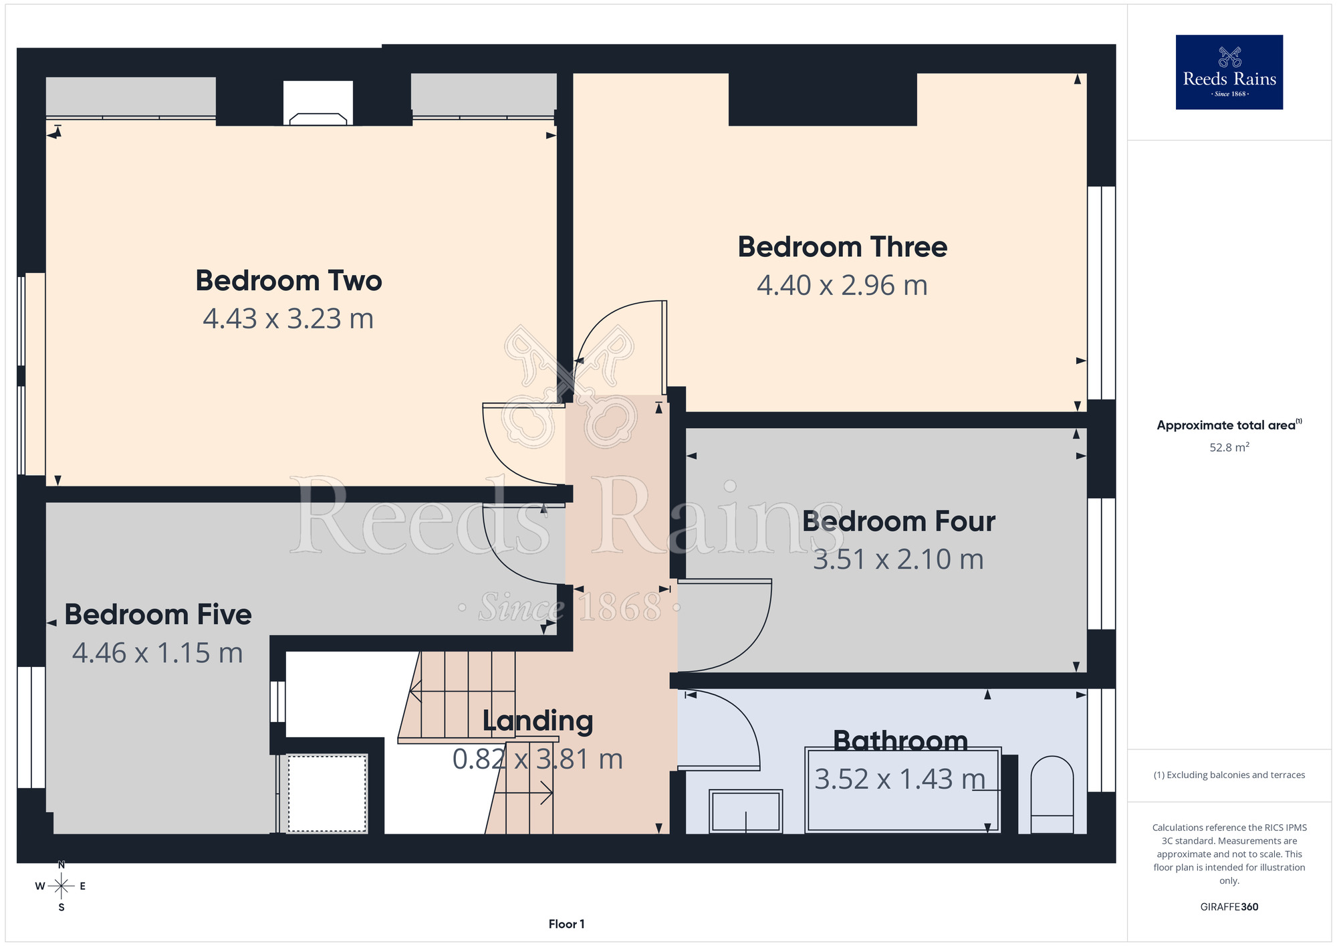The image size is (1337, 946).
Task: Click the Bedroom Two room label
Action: click(x=288, y=280)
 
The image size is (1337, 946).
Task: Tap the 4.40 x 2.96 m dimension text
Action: click(x=842, y=286)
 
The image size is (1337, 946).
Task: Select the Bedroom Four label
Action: click(x=898, y=521)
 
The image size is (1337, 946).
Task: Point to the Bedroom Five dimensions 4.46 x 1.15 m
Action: click(x=158, y=653)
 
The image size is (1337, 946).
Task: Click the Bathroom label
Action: click(x=900, y=741)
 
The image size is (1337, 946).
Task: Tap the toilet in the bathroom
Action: click(x=1052, y=795)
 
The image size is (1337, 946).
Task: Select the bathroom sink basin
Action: click(x=745, y=811)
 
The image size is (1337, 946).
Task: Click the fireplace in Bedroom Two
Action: click(x=318, y=103)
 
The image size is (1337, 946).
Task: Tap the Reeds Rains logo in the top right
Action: click(x=1229, y=72)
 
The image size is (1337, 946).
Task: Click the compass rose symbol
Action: click(x=62, y=886)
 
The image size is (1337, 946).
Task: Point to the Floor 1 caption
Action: click(x=566, y=924)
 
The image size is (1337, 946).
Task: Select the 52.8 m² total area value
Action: click(x=1229, y=447)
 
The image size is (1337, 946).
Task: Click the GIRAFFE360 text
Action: click(x=1229, y=907)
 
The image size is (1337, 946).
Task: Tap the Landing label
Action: click(x=537, y=721)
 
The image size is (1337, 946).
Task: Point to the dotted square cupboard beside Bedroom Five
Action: click(x=328, y=793)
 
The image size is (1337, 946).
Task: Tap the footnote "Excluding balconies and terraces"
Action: click(x=1229, y=775)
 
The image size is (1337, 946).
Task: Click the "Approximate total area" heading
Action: click(x=1229, y=425)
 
